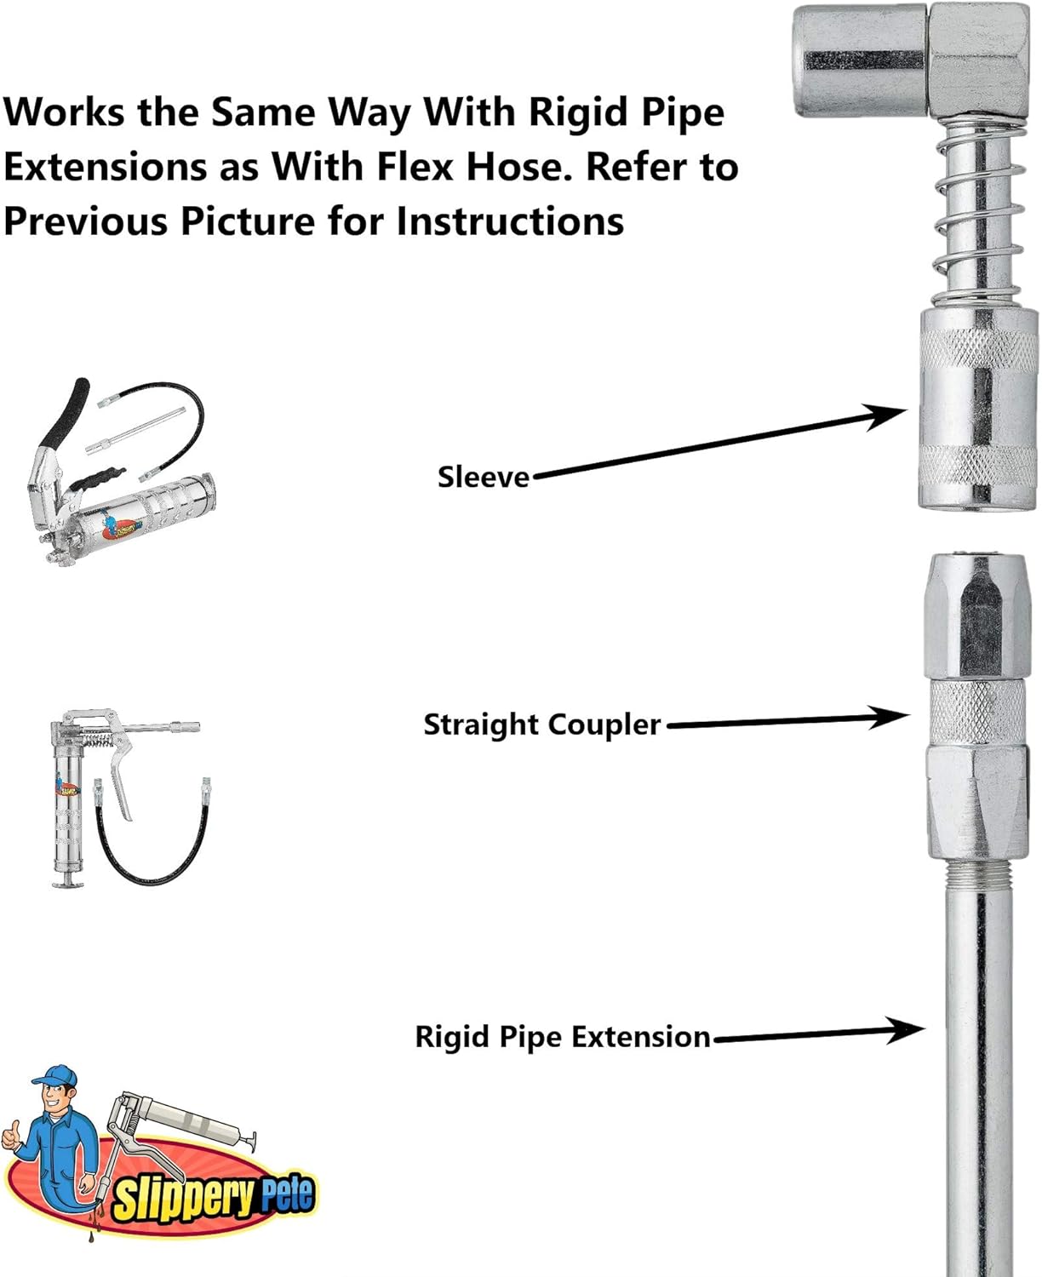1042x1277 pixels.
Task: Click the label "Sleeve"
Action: point(483,477)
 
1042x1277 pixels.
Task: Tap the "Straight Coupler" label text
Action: point(541,724)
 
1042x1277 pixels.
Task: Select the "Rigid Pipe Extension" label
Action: point(562,1037)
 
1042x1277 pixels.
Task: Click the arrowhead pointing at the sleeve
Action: point(890,415)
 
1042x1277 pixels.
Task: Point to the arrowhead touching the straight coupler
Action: point(894,717)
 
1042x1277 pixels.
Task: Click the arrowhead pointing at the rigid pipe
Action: point(907,1030)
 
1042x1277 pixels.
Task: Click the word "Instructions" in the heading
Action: point(509,221)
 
